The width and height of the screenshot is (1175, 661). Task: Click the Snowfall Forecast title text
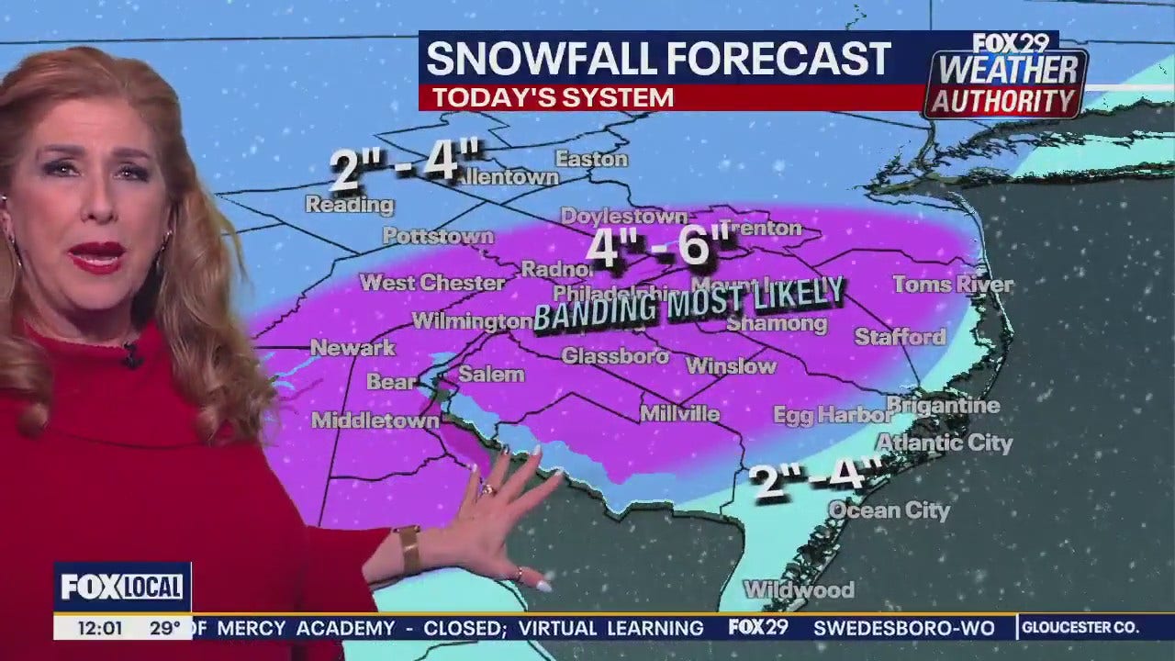(658, 60)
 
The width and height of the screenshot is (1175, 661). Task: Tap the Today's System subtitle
(553, 97)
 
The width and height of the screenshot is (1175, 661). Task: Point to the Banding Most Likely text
(688, 304)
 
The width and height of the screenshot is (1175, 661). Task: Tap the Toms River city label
(953, 285)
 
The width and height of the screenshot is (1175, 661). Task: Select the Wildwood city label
(799, 589)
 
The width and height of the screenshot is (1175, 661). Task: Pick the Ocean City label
(889, 510)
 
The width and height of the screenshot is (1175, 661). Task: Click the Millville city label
(679, 413)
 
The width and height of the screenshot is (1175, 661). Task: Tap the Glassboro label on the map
(615, 355)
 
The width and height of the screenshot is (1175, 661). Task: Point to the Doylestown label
(623, 217)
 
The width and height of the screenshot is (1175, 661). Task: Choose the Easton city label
(591, 159)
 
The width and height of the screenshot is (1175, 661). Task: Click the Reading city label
(349, 205)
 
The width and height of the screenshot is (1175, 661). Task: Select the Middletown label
(375, 420)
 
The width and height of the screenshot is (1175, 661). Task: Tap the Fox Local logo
(122, 587)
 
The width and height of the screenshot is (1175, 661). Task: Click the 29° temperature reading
(165, 628)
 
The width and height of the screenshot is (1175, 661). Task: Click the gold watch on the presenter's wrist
(408, 548)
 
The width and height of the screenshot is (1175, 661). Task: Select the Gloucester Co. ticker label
(1080, 628)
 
